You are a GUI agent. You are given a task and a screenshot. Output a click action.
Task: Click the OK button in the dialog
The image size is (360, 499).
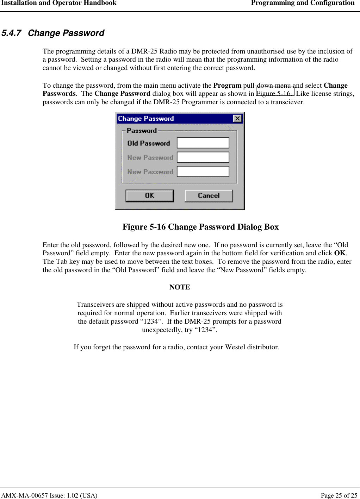tap(150, 196)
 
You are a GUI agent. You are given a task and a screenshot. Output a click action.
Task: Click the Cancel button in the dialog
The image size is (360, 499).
tap(209, 196)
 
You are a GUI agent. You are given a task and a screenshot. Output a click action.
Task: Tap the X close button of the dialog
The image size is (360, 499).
tap(238, 119)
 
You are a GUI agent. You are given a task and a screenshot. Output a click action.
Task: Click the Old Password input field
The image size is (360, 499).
tap(203, 143)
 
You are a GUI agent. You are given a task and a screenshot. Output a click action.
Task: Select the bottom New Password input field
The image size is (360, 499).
tap(203, 171)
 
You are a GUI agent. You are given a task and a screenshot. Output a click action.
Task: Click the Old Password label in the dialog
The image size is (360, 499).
tap(148, 143)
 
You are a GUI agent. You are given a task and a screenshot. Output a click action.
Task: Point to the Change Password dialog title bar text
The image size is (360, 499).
tap(146, 119)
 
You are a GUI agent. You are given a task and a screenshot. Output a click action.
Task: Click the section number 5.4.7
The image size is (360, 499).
tap(11, 33)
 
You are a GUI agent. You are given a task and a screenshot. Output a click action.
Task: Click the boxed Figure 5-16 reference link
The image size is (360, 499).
tap(274, 93)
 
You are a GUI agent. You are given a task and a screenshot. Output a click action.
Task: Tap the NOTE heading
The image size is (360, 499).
tap(180, 287)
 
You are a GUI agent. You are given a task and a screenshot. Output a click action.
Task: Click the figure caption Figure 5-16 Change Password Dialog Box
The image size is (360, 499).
tap(200, 227)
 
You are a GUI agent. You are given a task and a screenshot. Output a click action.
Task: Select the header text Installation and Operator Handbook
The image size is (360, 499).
tap(59, 3)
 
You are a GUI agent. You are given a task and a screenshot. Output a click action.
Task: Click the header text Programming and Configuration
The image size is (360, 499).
tap(303, 3)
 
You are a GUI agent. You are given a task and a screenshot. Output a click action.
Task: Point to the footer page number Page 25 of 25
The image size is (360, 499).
tap(339, 495)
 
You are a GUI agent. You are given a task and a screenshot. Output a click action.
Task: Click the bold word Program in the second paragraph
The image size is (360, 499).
tap(227, 85)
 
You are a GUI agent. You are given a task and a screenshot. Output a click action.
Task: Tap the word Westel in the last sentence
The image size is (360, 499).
tap(235, 347)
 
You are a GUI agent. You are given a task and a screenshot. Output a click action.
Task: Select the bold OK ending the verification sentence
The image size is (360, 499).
tap(340, 253)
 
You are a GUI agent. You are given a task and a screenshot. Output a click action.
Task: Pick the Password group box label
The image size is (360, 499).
tap(142, 131)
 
